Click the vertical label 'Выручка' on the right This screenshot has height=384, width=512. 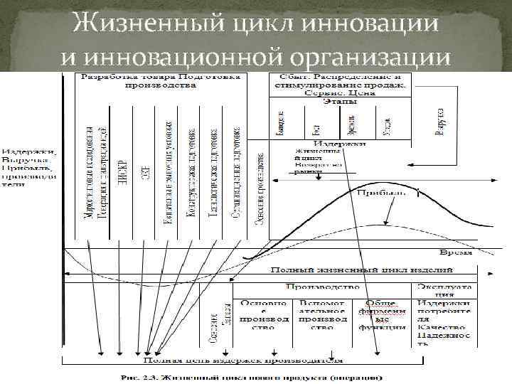(442, 122)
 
